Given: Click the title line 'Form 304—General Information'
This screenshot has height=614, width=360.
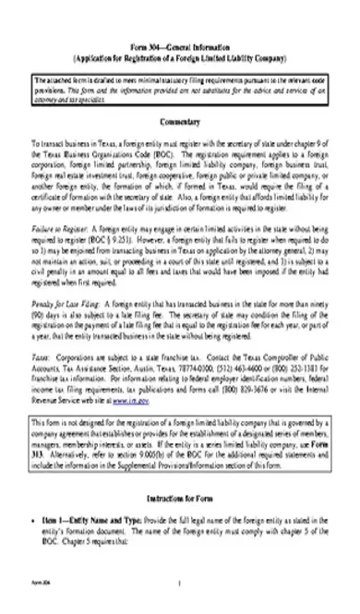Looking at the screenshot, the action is click(x=180, y=44).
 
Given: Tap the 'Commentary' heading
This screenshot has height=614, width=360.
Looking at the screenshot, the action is click(x=180, y=122).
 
